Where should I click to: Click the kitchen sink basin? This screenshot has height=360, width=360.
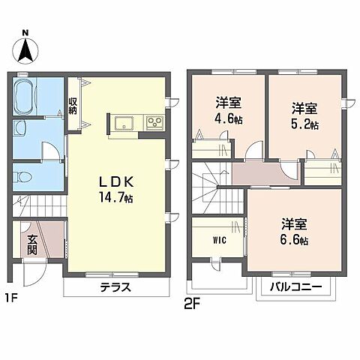124,123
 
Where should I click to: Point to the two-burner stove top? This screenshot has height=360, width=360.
154,122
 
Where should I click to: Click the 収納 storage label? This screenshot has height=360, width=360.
74,106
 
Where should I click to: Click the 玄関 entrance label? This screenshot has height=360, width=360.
32,245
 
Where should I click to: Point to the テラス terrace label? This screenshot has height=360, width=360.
115,287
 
